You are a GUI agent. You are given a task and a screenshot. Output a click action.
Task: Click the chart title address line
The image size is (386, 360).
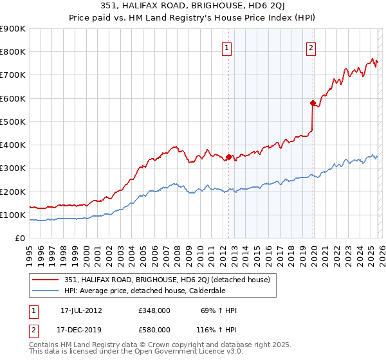[x=193, y=7]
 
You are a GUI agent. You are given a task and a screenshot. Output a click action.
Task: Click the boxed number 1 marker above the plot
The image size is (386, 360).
[x=228, y=47]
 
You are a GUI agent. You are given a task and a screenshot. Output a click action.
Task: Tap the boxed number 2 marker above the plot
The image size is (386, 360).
[x=311, y=47]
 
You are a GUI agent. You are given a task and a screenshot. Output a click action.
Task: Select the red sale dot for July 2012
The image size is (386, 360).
[x=228, y=156]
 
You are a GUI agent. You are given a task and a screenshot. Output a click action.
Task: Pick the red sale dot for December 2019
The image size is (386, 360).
[x=313, y=103]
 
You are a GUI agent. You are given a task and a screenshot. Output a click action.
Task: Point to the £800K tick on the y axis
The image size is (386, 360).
[x=13, y=52]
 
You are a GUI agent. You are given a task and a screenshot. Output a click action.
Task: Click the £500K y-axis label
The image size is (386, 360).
[x=13, y=122]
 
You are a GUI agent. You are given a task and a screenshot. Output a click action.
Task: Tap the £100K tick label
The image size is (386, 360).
[x=13, y=215]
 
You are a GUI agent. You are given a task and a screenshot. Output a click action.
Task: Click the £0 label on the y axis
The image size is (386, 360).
[x=20, y=238]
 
